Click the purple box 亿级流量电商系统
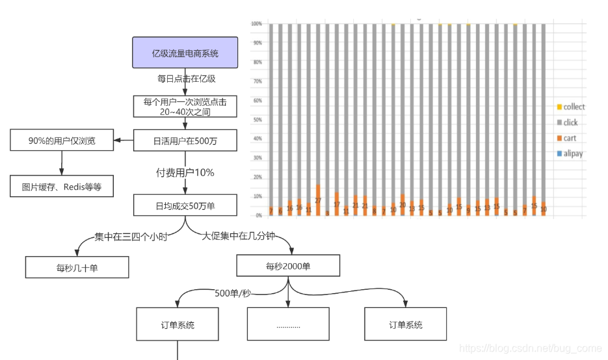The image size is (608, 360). [x=185, y=53]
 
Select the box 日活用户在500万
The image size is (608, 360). [x=185, y=140]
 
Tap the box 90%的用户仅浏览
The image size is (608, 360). [x=61, y=140]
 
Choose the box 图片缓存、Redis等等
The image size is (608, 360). [x=61, y=186]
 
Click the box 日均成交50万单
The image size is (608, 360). [x=185, y=205]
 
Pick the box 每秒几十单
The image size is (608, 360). [x=77, y=267]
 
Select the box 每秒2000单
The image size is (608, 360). [x=288, y=266]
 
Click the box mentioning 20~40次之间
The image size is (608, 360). [x=185, y=107]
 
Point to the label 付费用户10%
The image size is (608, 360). [x=185, y=173]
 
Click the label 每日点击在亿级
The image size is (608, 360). [x=186, y=79]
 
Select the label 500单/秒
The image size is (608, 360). [x=233, y=293]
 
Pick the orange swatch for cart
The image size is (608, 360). [x=559, y=138]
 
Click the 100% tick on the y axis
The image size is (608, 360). [x=256, y=24]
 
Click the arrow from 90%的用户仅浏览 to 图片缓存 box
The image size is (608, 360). [x=61, y=162]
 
